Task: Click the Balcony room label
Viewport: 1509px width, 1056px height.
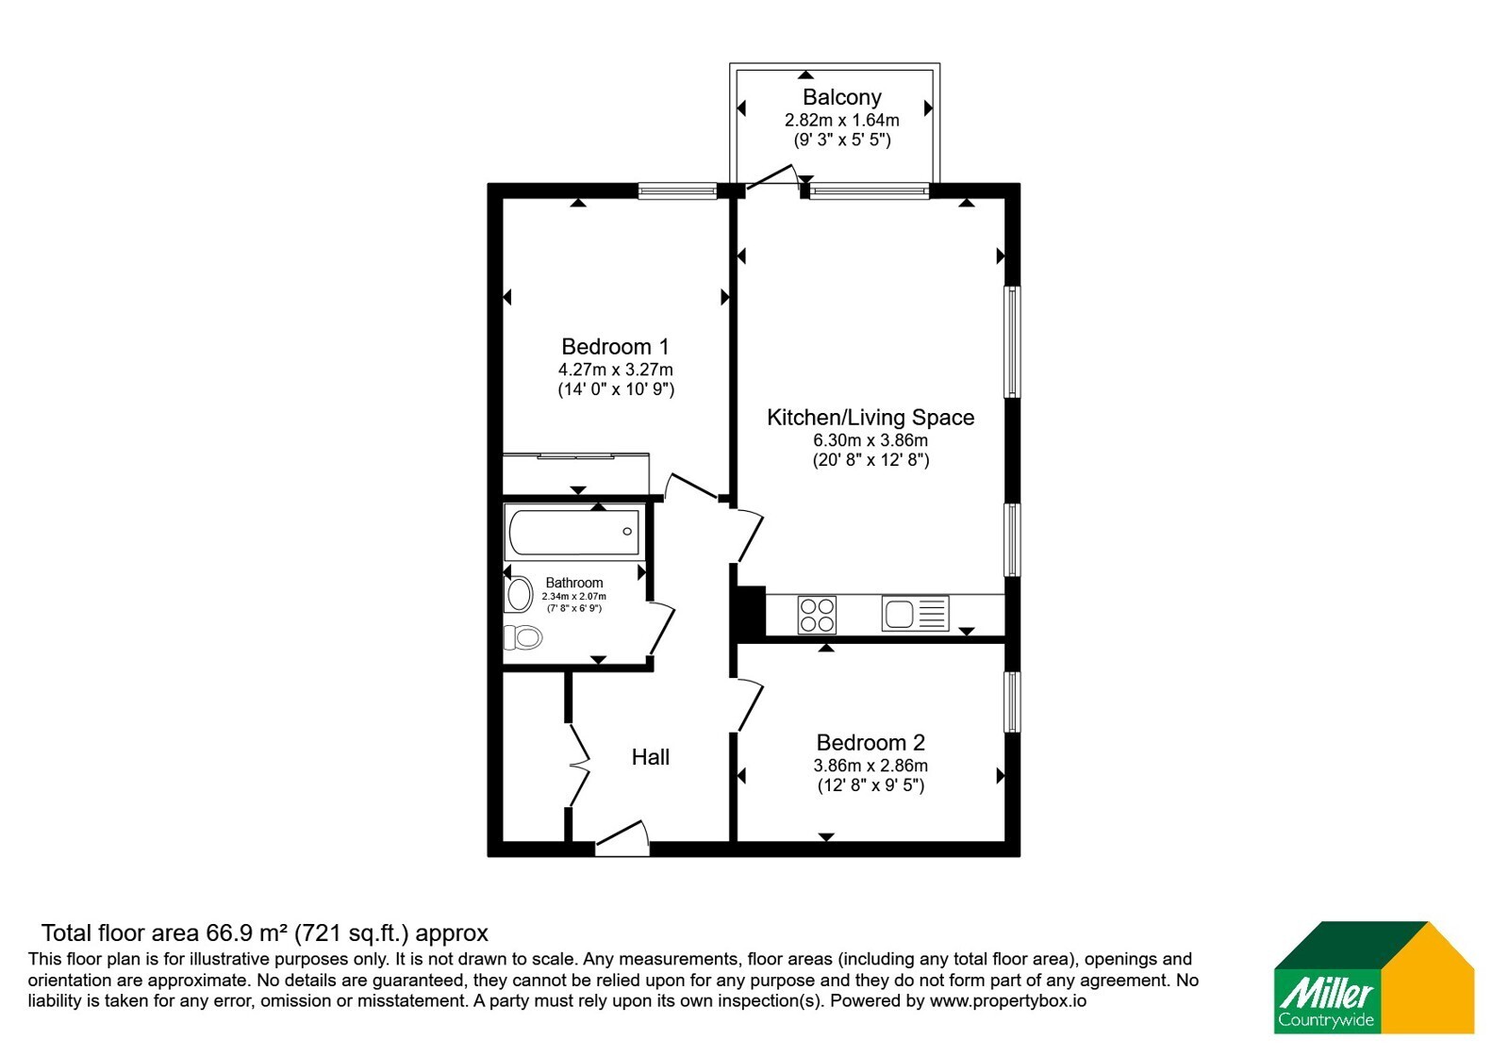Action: click(841, 97)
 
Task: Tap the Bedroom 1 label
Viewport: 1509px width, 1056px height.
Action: click(615, 347)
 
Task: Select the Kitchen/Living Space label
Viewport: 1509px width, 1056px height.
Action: click(871, 418)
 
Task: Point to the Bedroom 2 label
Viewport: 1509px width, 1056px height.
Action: click(871, 743)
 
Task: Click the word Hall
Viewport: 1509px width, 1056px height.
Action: click(650, 757)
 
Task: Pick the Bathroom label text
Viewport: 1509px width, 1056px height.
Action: click(574, 583)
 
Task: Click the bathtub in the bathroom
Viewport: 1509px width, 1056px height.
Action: click(573, 532)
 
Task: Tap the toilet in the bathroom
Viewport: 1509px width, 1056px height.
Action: click(522, 637)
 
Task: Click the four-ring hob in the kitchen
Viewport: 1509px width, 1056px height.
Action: click(817, 614)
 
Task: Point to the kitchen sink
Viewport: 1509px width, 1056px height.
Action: click(915, 614)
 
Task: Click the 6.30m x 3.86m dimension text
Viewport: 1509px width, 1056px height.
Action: click(871, 440)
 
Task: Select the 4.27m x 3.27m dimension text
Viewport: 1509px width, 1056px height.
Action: click(615, 370)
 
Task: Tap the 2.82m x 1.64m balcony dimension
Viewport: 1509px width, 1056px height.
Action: click(841, 121)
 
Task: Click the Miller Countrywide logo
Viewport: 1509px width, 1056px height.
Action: click(1373, 977)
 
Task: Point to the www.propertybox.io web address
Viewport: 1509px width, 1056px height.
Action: click(1008, 1000)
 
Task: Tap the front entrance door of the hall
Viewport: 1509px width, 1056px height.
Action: click(622, 840)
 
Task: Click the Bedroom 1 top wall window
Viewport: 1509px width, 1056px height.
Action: click(677, 191)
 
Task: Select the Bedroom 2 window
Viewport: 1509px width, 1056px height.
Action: click(1012, 702)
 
